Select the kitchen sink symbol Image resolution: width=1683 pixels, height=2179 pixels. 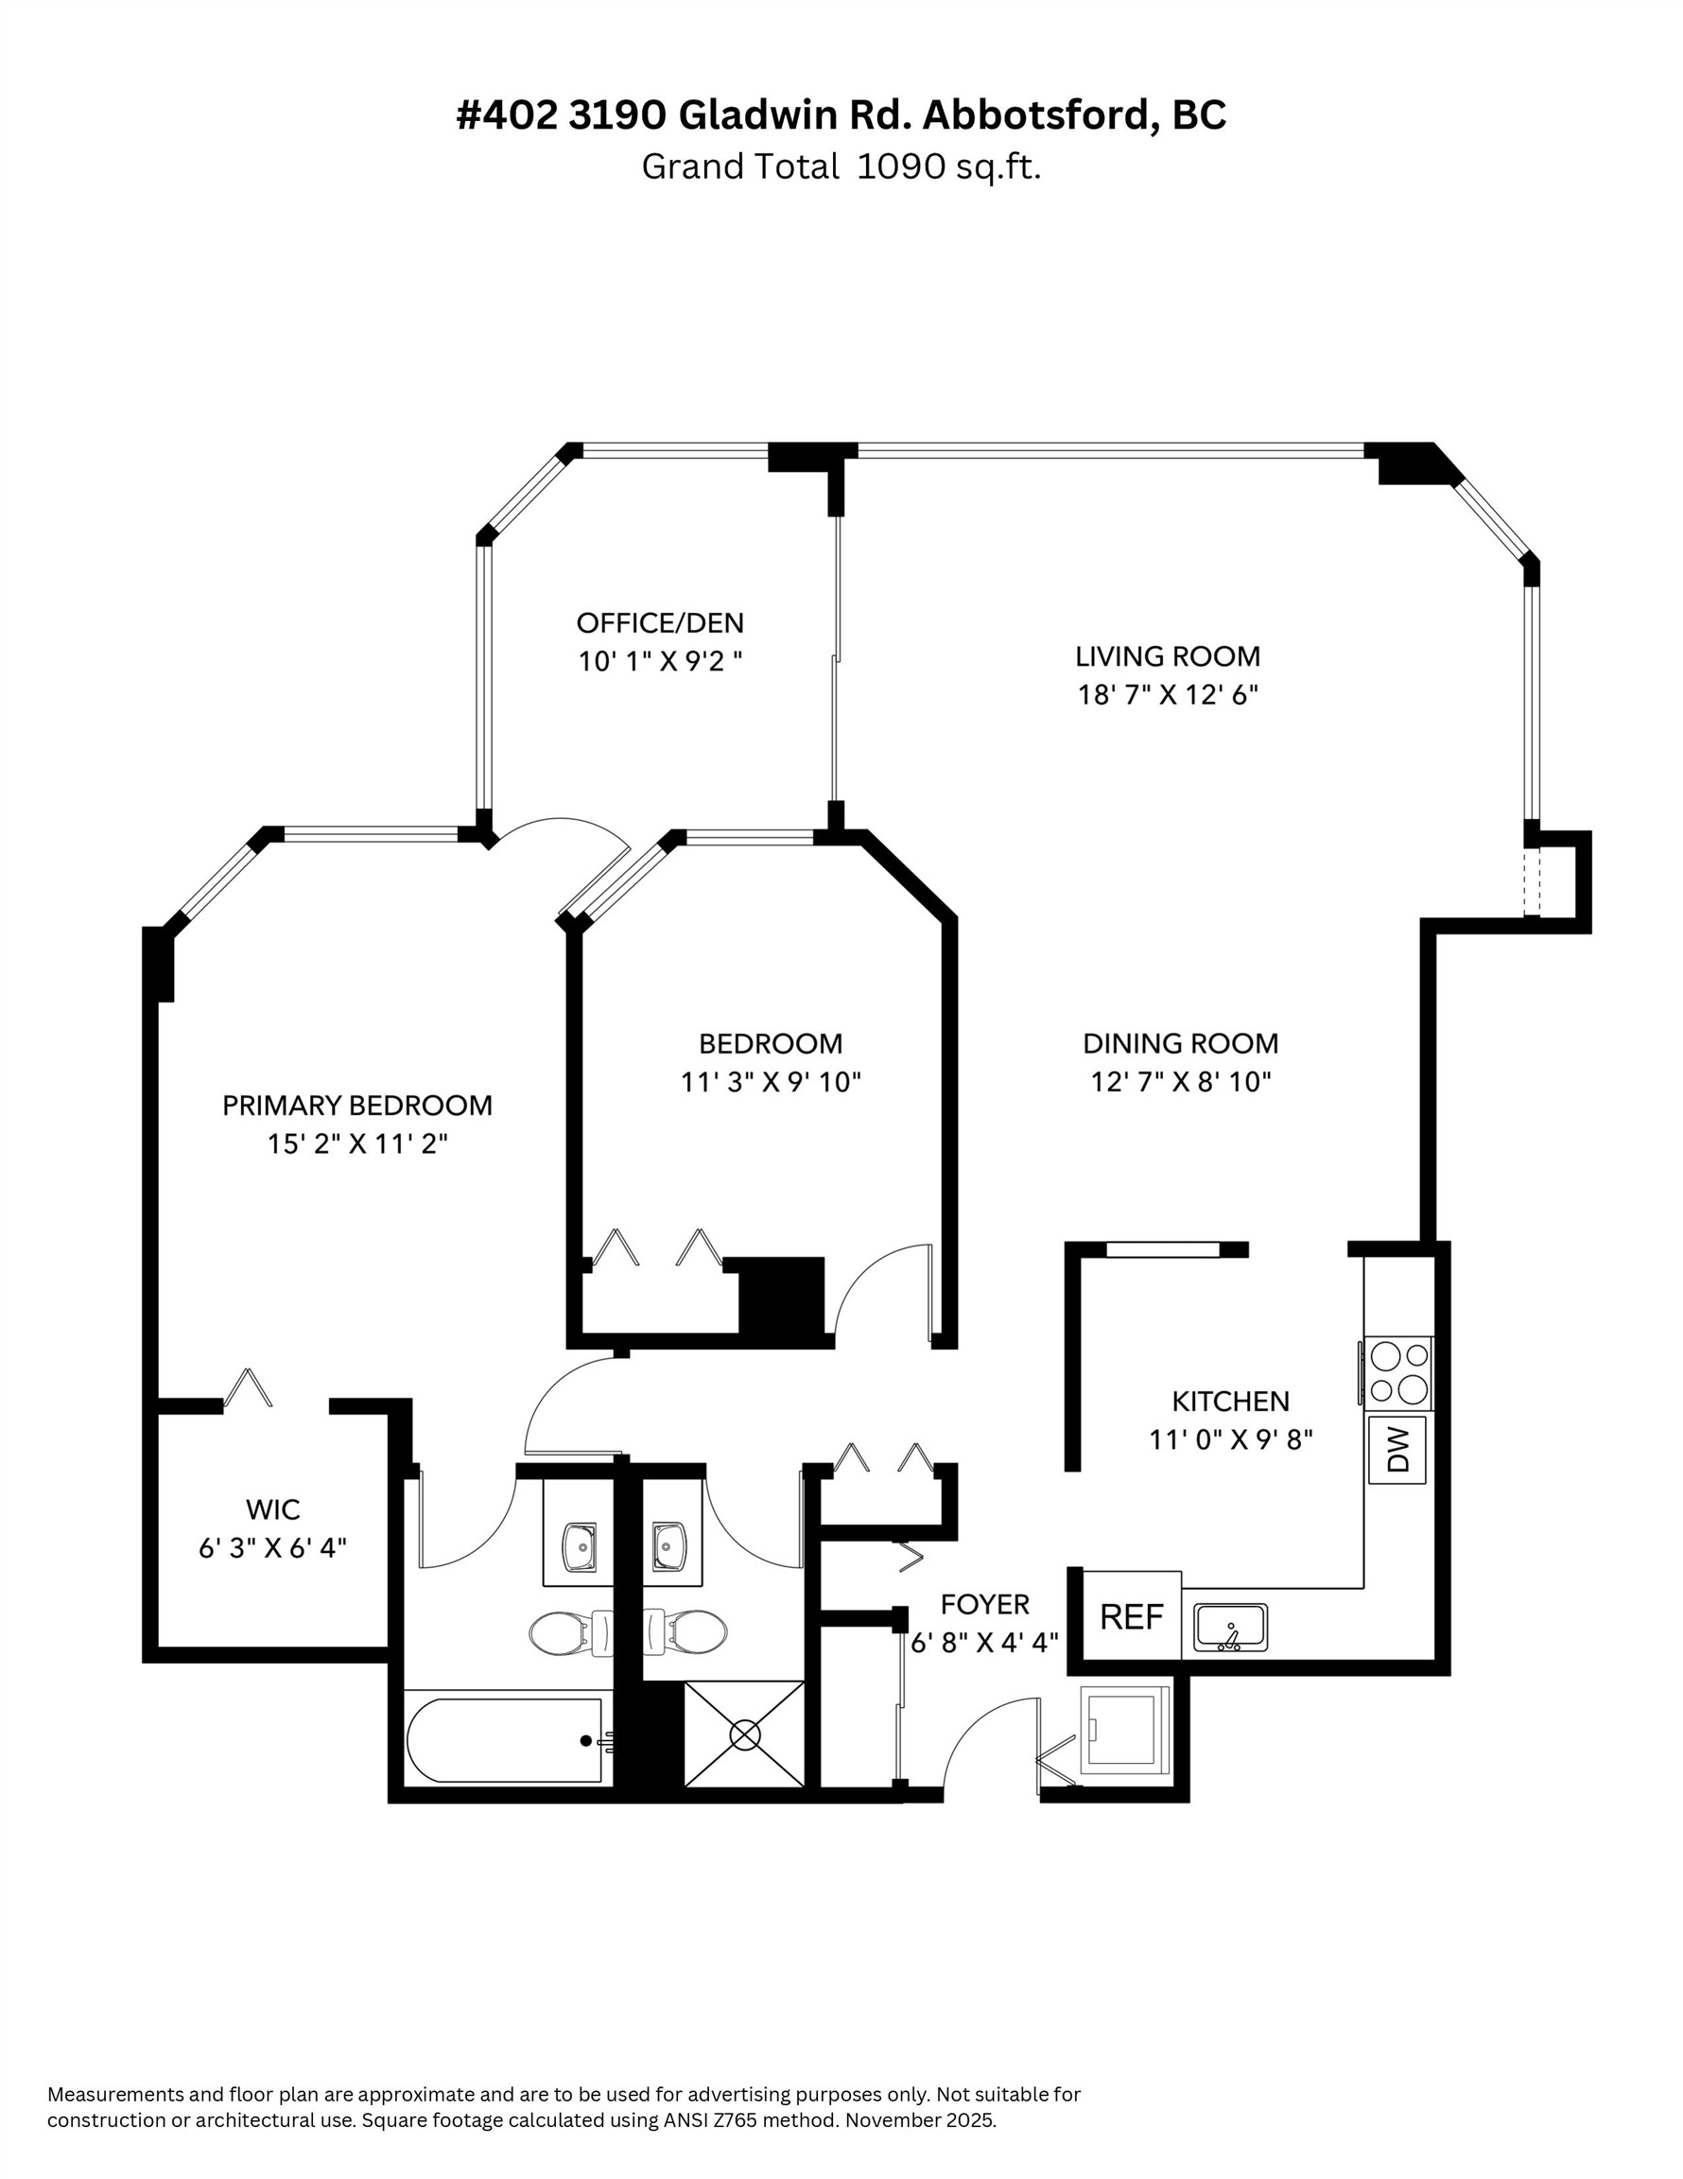point(1230,1628)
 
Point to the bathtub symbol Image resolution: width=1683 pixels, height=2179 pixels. point(505,1739)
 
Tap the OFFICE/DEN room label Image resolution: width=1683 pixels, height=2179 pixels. point(659,622)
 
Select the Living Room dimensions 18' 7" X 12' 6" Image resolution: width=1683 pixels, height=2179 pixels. point(1167,694)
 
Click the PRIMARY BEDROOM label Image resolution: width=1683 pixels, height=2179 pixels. point(356,1106)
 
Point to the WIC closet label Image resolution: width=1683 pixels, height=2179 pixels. point(272,1508)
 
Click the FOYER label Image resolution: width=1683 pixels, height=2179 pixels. point(983,1604)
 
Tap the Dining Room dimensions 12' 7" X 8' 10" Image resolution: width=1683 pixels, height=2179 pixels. point(1180,1082)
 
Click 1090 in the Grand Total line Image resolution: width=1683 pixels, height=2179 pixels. point(901,166)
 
